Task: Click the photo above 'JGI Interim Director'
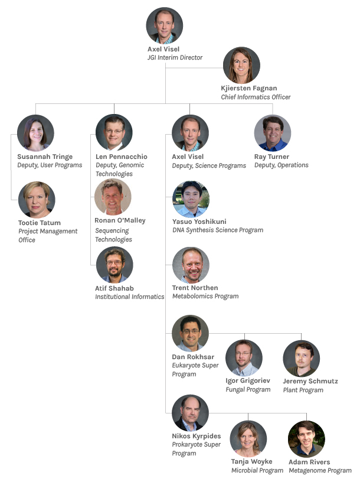(x=164, y=25)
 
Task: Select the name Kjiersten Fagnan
(x=249, y=88)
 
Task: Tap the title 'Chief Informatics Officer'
(x=256, y=97)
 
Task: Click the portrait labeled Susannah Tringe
(x=35, y=133)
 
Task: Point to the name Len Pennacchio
(x=122, y=157)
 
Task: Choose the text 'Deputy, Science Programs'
(x=209, y=165)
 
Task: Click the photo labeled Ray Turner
(x=273, y=133)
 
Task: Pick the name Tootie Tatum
(x=40, y=223)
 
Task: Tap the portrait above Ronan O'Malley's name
(x=113, y=197)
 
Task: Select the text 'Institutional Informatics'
(x=130, y=297)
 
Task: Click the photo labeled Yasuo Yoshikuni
(x=191, y=199)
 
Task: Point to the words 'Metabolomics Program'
(x=205, y=296)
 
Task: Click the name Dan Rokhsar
(x=193, y=357)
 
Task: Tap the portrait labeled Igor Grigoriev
(x=244, y=358)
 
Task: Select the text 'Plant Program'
(x=303, y=390)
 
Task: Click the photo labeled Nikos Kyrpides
(x=190, y=413)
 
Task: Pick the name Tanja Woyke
(x=251, y=462)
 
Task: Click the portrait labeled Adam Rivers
(x=306, y=439)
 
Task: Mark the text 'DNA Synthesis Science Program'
(x=218, y=230)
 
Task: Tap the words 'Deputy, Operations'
(x=282, y=165)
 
